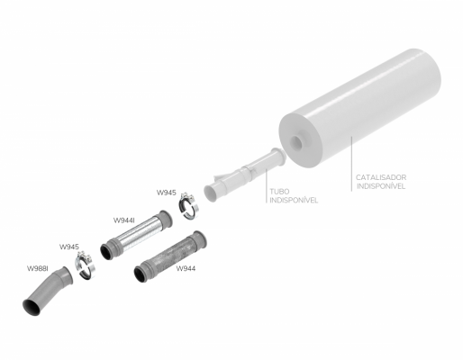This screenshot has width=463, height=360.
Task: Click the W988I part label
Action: click(38, 268)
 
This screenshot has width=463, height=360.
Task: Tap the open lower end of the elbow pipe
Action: click(32, 308)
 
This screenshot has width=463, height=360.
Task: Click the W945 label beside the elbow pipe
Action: click(69, 247)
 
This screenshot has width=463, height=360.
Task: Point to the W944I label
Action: click(123, 220)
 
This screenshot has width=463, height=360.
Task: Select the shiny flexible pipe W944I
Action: click(136, 235)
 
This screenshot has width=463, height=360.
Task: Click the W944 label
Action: click(186, 268)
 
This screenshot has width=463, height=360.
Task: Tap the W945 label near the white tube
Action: click(167, 193)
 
